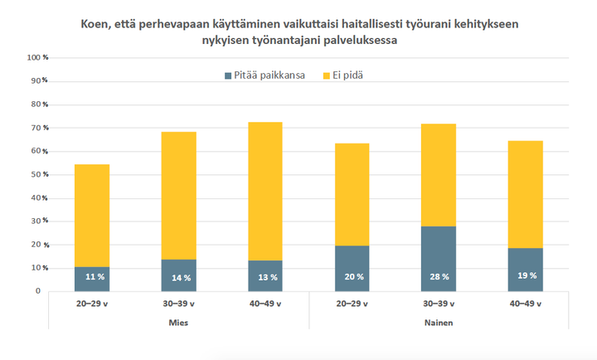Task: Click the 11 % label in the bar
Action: pyautogui.click(x=93, y=276)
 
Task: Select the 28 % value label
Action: pyautogui.click(x=439, y=276)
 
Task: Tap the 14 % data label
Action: pyautogui.click(x=180, y=276)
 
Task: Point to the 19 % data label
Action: pyautogui.click(x=527, y=276)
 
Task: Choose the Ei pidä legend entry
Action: pyautogui.click(x=348, y=75)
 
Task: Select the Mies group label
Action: pyautogui.click(x=179, y=322)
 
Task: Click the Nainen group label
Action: pyautogui.click(x=439, y=322)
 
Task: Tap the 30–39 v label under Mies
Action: pyautogui.click(x=179, y=304)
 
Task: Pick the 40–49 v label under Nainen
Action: pyautogui.click(x=526, y=304)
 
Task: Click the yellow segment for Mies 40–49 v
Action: pyautogui.click(x=266, y=191)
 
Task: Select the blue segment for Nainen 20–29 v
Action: pyautogui.click(x=352, y=269)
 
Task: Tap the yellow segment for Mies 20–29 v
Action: pyautogui.click(x=93, y=216)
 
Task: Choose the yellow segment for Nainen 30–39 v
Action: pyautogui.click(x=439, y=174)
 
